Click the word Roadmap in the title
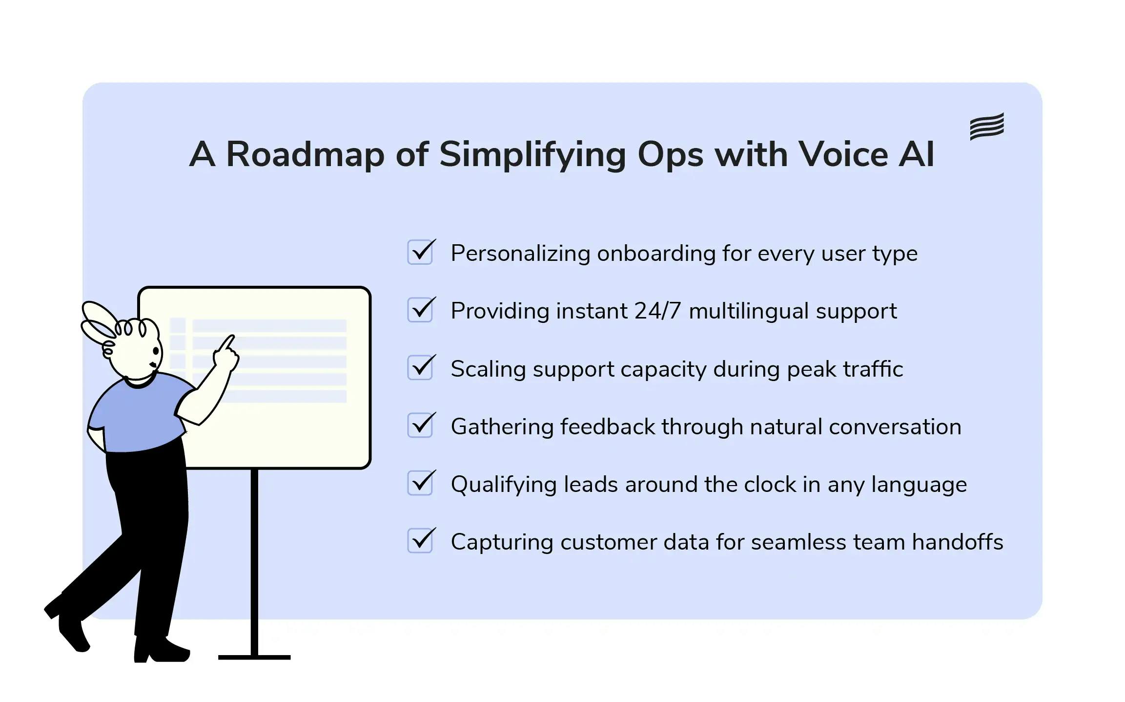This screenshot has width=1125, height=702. pyautogui.click(x=305, y=154)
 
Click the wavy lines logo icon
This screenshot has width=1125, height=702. pyautogui.click(x=986, y=126)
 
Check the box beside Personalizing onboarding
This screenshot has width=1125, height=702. pyautogui.click(x=420, y=253)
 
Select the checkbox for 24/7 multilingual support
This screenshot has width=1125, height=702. pyautogui.click(x=420, y=310)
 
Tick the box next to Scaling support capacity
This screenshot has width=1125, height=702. pyautogui.click(x=420, y=368)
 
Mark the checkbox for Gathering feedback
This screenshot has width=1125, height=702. pyautogui.click(x=420, y=425)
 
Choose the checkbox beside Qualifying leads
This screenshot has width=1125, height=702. pyautogui.click(x=420, y=483)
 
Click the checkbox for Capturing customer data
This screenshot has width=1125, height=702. pyautogui.click(x=420, y=541)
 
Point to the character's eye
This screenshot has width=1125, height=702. pyautogui.click(x=156, y=351)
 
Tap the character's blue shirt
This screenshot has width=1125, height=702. pyautogui.click(x=137, y=415)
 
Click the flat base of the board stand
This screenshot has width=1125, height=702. pyautogui.click(x=254, y=657)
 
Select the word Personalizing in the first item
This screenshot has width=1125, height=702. pyautogui.click(x=520, y=254)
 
